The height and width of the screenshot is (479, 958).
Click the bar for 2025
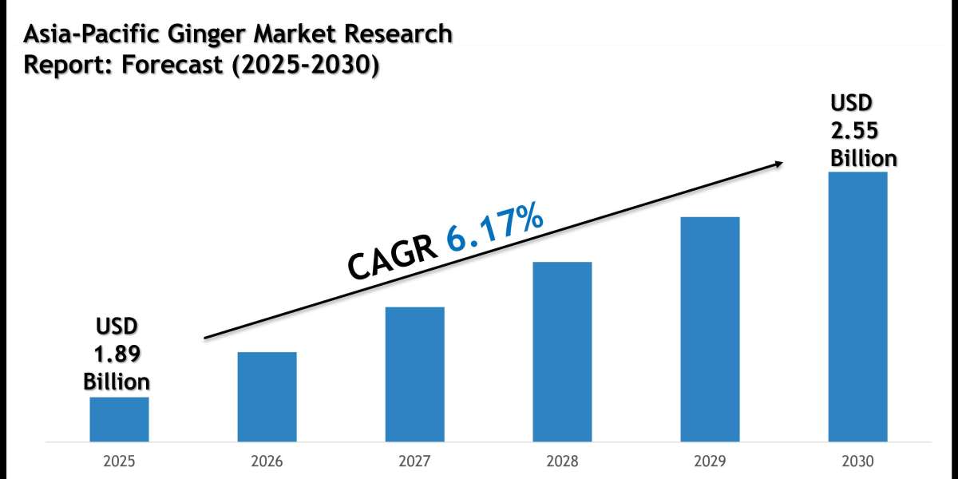pos(119,419)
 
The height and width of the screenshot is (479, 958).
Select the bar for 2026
pos(267,397)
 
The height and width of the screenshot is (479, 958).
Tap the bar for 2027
pos(414,374)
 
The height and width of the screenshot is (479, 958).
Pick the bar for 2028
pos(562,351)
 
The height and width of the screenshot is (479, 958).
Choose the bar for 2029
pos(710,329)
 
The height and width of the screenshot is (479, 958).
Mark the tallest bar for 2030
pos(857,307)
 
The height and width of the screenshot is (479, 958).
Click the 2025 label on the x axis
pos(119,461)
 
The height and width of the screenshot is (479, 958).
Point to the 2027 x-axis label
pos(414,461)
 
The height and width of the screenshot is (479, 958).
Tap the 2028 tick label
pos(562,461)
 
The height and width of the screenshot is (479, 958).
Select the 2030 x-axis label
pos(857,461)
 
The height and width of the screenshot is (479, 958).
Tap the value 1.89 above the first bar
pos(117,353)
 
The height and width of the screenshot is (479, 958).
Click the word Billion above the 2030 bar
pos(863,157)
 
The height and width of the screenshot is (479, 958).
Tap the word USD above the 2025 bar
pos(117,327)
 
